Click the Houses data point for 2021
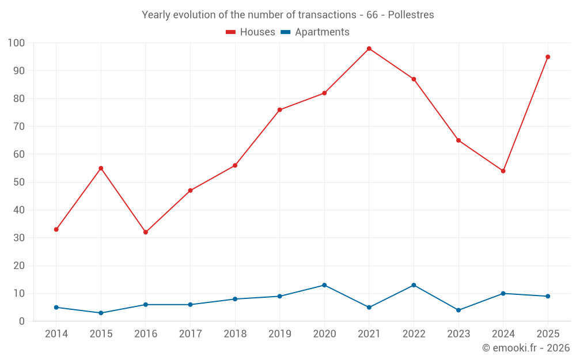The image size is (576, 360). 369,48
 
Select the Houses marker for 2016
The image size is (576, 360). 146,232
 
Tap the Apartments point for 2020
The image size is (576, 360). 324,285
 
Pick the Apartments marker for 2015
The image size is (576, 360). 101,313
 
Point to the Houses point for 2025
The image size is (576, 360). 548,57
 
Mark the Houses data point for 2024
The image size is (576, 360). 503,171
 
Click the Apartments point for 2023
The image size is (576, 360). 458,310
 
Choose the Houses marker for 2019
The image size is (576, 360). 279,110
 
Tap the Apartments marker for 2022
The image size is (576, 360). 414,285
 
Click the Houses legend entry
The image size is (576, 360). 251,32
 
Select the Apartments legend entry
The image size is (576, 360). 315,32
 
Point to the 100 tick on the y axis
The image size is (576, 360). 17,43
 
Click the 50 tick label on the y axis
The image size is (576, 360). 19,182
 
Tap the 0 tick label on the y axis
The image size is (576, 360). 22,321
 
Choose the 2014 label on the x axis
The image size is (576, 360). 56,334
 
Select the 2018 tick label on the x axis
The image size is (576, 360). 235,334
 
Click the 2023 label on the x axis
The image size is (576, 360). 458,334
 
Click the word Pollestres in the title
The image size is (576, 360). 411,14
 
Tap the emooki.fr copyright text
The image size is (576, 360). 526,348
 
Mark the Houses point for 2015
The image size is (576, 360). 101,168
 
